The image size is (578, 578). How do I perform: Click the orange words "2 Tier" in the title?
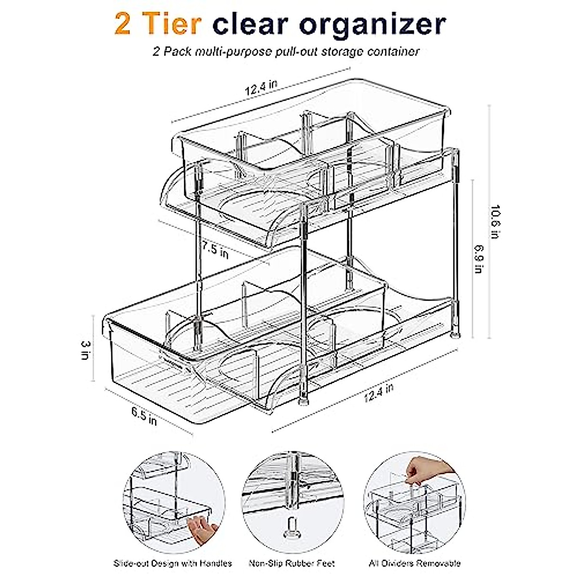158,24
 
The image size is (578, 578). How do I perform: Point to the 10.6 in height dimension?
495,222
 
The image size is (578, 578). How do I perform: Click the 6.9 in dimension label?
477,260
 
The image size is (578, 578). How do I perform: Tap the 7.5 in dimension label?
215,251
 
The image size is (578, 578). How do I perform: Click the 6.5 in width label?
144,416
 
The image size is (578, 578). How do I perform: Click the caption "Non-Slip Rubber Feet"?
291,563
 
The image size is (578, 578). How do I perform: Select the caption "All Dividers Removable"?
414,563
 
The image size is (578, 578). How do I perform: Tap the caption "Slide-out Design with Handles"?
172,563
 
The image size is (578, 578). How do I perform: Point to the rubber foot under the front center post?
303,399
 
